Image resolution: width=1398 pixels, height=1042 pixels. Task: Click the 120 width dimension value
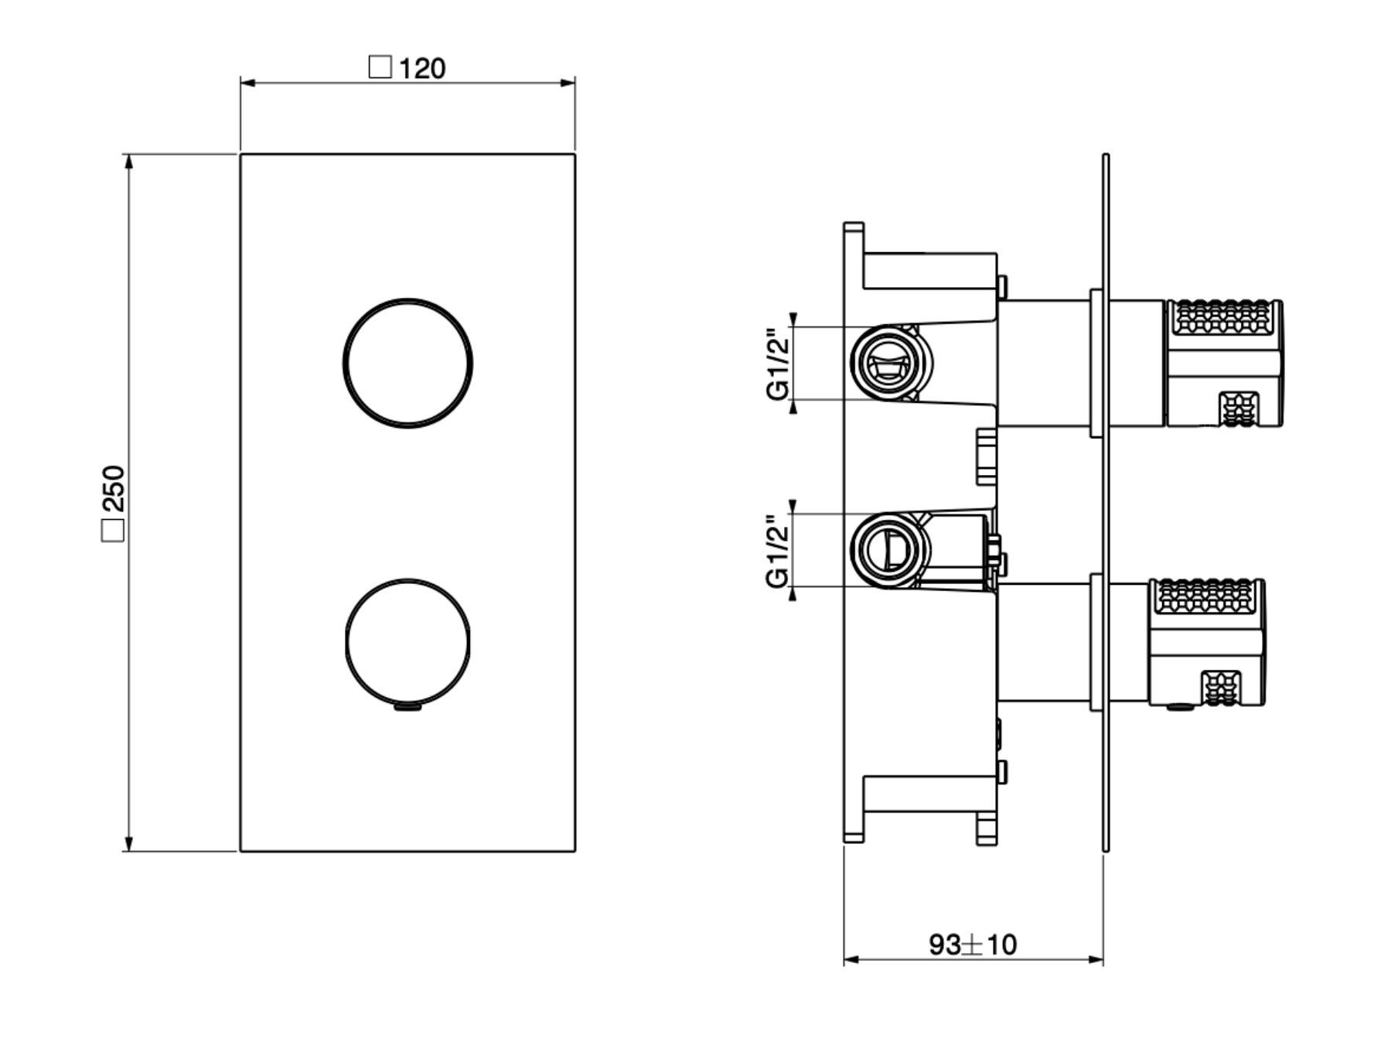click(x=422, y=69)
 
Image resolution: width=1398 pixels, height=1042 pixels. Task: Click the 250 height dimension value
click(x=113, y=487)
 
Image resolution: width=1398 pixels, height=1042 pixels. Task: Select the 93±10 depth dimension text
click(x=972, y=945)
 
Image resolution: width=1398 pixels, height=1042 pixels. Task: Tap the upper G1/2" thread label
click(x=779, y=363)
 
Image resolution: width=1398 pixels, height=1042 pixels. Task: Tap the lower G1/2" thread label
click(x=779, y=550)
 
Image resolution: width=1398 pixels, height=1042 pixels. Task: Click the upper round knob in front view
click(x=407, y=363)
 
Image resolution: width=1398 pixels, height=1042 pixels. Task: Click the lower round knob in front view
click(x=407, y=642)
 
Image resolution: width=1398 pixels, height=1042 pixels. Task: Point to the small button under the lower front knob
click(x=407, y=705)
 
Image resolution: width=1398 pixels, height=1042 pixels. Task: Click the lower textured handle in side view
click(x=1206, y=642)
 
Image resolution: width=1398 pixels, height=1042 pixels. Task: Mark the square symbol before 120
click(x=380, y=67)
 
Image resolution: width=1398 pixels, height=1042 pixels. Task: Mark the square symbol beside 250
click(x=113, y=531)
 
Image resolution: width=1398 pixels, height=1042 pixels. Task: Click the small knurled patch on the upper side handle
click(x=1239, y=409)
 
